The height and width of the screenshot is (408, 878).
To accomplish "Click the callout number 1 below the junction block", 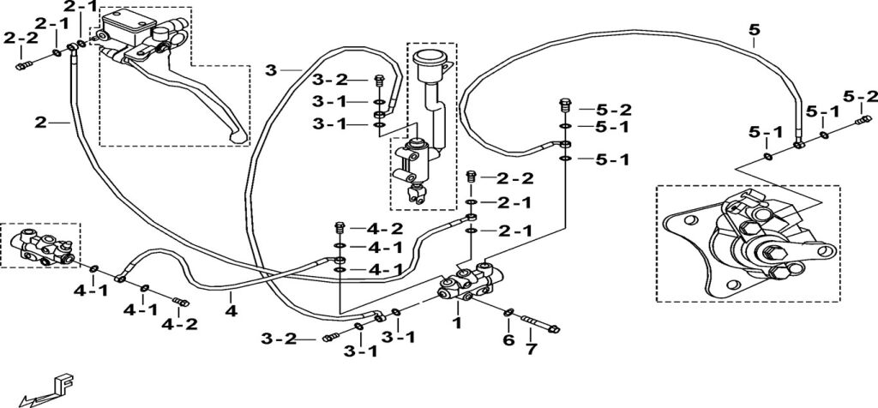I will pyautogui.click(x=457, y=323).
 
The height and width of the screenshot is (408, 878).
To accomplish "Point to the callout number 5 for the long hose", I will pyautogui.click(x=754, y=33).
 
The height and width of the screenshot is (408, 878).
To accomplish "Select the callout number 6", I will pyautogui.click(x=508, y=339).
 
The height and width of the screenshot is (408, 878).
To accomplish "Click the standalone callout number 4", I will pyautogui.click(x=231, y=309).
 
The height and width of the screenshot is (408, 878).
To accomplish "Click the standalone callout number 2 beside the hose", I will pyautogui.click(x=40, y=123).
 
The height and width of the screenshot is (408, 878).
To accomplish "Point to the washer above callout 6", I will pyautogui.click(x=508, y=312).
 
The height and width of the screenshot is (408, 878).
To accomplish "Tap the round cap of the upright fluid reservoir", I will pyautogui.click(x=426, y=59).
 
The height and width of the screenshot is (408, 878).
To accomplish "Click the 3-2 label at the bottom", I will pyautogui.click(x=301, y=339).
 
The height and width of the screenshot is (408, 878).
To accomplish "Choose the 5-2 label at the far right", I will pyautogui.click(x=860, y=95).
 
